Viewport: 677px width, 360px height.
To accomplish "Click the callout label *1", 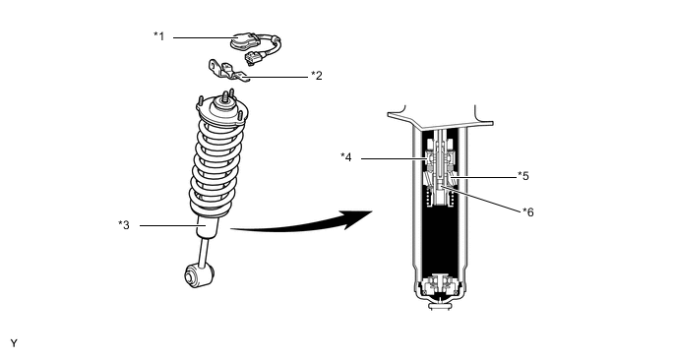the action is [x=158, y=36].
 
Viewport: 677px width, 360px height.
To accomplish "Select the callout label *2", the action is [x=317, y=76].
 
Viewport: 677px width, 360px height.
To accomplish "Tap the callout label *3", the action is [x=124, y=225].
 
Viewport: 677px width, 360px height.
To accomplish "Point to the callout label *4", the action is [x=346, y=157].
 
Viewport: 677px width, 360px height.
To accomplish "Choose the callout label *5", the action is [x=523, y=176].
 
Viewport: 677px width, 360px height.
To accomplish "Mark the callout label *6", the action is [x=528, y=211].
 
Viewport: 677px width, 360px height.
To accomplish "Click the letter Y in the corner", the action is [x=14, y=343].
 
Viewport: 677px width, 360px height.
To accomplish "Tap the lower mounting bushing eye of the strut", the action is [x=199, y=275].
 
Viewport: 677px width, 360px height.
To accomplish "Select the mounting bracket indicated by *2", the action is [x=227, y=71].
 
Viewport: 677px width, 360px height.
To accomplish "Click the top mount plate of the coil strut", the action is [x=222, y=113].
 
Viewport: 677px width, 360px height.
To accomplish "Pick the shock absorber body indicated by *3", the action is [x=208, y=225].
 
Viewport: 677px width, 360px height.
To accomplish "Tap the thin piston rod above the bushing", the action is [x=203, y=253].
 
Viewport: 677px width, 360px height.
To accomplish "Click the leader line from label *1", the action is [x=205, y=37].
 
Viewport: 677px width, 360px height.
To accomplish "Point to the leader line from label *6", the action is [x=483, y=198].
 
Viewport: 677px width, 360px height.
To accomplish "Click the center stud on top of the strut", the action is [x=225, y=97].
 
